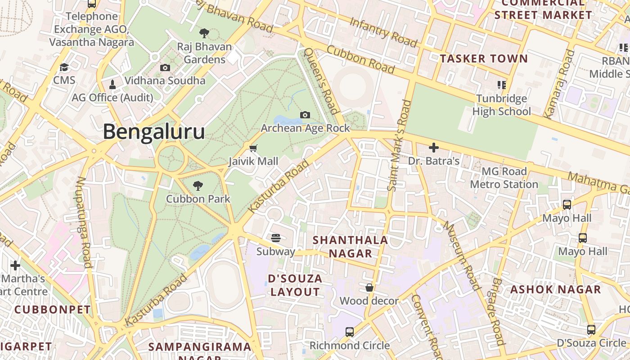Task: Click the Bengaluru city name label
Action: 154,132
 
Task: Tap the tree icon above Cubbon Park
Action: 198,185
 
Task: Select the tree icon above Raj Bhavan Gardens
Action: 204,33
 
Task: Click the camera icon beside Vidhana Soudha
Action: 165,67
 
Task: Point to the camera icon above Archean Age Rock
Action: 305,115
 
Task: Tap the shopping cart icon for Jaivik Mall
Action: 253,148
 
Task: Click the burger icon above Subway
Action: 276,238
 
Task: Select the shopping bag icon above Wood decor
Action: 369,288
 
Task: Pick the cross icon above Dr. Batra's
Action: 434,147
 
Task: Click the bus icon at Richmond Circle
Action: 350,332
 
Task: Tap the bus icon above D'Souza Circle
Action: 591,330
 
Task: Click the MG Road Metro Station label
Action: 504,178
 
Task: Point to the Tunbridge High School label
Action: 501,105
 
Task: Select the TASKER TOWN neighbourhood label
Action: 484,58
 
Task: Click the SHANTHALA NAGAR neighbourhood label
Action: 350,247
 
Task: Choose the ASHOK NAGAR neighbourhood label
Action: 555,289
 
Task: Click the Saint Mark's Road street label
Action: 399,145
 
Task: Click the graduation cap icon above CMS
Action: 64,67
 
